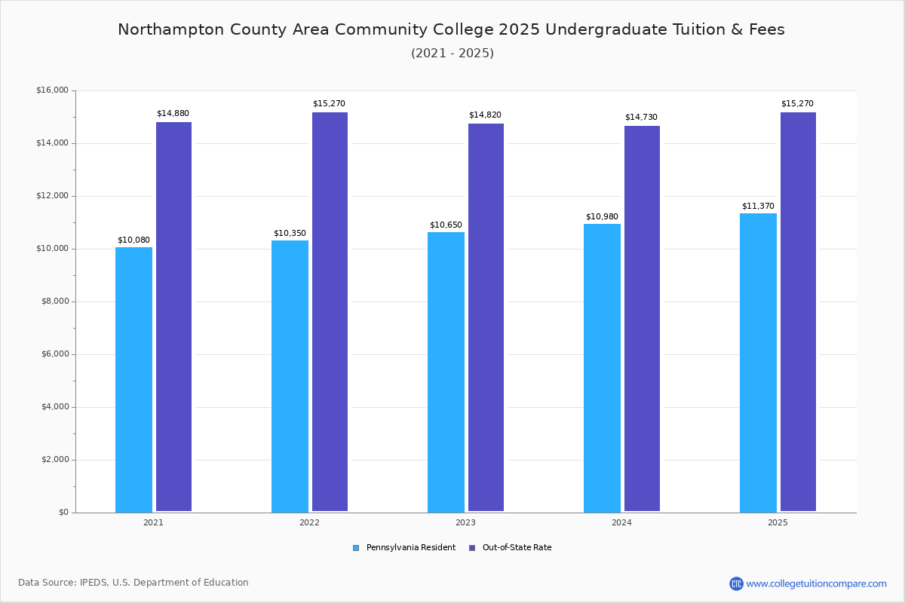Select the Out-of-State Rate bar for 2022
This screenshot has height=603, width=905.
click(330, 312)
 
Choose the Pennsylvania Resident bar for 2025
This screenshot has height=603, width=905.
click(758, 363)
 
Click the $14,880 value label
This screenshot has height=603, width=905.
click(173, 114)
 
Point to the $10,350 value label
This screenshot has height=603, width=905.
click(290, 234)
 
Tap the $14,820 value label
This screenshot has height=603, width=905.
click(485, 115)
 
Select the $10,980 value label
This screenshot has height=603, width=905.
click(602, 217)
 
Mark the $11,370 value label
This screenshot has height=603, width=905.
click(758, 207)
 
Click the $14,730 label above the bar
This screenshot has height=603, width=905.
click(641, 118)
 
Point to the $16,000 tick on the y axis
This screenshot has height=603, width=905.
click(52, 90)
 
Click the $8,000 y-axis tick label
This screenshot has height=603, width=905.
click(54, 301)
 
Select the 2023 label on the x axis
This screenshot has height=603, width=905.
click(465, 522)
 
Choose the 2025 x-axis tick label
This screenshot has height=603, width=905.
click(778, 522)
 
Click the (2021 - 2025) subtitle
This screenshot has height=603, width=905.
click(452, 54)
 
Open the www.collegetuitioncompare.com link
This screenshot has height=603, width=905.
click(816, 583)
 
